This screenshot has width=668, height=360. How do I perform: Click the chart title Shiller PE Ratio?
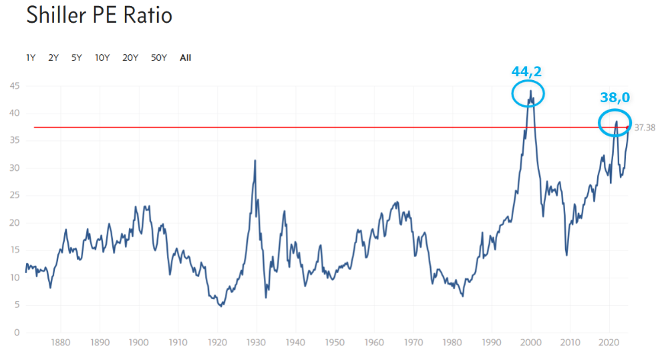99,15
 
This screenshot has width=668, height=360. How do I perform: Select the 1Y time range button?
31,57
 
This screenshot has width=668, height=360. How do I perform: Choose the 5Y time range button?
77,57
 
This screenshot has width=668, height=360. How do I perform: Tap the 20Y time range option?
130,57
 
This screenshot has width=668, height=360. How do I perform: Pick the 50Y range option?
158,57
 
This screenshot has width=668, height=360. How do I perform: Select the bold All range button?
185,57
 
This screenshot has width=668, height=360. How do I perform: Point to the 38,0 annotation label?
615,98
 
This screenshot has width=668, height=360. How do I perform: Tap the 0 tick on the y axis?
17,333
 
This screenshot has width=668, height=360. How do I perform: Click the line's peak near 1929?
255,160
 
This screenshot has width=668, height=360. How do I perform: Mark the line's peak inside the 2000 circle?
531,91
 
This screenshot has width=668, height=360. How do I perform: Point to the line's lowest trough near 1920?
221,306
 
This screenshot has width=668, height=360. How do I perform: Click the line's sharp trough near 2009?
566,255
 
